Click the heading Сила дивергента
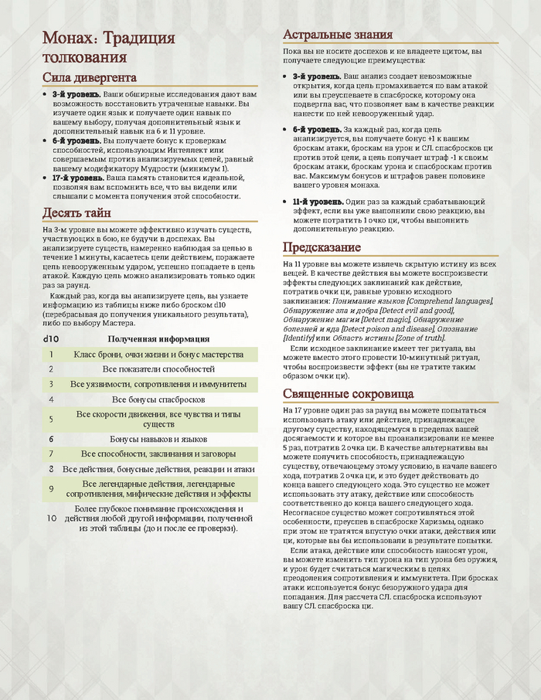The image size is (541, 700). coord(90,78)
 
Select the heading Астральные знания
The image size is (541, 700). coord(338,35)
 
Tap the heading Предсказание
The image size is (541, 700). coord(322,247)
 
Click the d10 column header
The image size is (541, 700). coord(50,338)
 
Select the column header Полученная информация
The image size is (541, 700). coord(158,338)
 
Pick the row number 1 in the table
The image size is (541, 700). coord(50,354)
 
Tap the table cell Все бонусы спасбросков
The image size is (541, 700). coord(158,399)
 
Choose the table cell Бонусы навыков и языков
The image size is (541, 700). coord(158,438)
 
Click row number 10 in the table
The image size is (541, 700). coord(51,518)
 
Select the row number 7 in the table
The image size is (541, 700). coord(50,454)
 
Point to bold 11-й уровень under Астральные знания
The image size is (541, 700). coord(317,202)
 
